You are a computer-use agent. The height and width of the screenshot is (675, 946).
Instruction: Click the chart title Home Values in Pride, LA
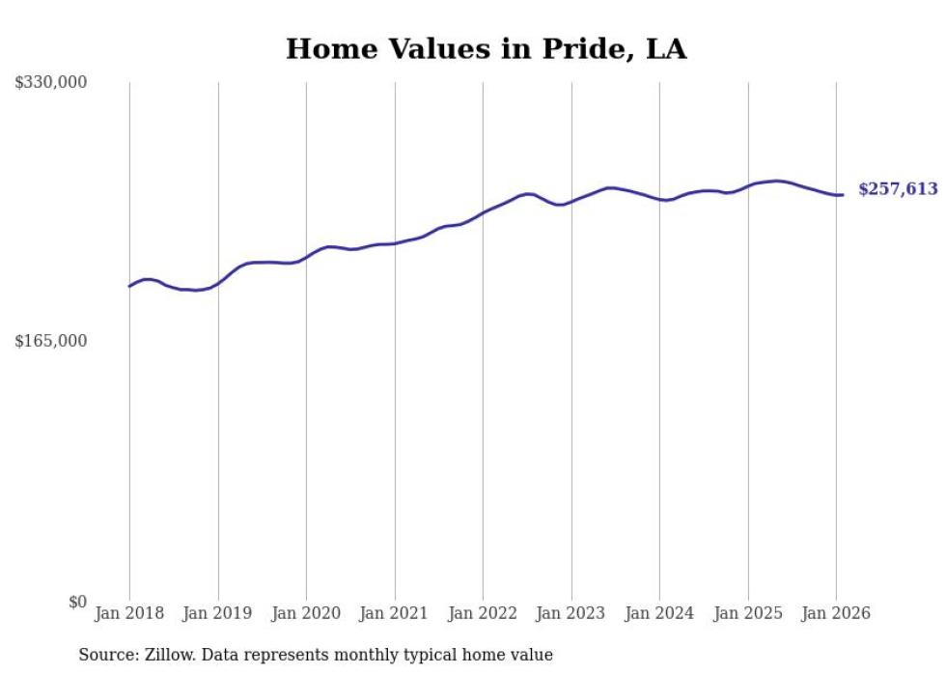pos(486,49)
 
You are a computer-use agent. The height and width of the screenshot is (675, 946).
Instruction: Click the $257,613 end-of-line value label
pos(898,189)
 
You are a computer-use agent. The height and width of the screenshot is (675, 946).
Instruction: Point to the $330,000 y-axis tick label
pos(50,83)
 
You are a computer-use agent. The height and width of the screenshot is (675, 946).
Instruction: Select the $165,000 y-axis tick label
pos(50,342)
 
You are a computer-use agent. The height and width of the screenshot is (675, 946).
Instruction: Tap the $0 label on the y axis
pos(77,602)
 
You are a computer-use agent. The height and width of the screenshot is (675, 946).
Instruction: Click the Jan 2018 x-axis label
pos(129,614)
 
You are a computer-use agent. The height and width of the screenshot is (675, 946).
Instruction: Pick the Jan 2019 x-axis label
pos(218,614)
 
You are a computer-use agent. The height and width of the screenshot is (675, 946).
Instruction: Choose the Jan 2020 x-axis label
pos(306,614)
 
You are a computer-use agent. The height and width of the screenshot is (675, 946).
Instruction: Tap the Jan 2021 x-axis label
pos(395,614)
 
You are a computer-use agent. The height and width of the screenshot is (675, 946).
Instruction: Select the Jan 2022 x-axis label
pos(483,614)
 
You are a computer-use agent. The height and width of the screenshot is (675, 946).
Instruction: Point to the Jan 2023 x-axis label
pos(571,614)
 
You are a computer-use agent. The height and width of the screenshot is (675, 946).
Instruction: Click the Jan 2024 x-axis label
pos(659,614)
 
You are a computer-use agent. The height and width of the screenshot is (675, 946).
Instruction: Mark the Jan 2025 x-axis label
pos(748,614)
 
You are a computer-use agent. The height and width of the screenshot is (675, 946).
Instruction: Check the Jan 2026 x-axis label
pos(836,614)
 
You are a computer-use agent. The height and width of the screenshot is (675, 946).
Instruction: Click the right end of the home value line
pos(843,195)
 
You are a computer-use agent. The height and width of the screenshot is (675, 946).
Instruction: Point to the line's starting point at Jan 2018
pos(129,286)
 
